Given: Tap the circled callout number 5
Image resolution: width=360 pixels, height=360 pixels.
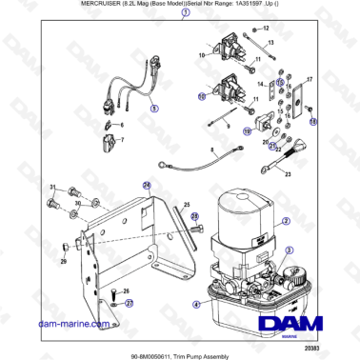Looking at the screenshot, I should [155, 109].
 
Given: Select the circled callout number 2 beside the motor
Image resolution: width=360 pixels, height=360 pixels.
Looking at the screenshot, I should [286, 219].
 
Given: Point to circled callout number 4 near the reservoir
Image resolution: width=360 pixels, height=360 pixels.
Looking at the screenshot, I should [196, 306].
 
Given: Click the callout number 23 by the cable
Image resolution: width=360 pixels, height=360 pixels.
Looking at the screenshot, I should [289, 175].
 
